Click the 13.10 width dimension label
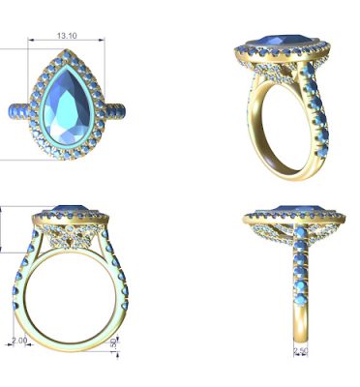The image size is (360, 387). click(x=67, y=36)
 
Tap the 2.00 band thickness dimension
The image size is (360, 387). click(x=19, y=341)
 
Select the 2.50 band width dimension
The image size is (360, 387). click(x=301, y=350)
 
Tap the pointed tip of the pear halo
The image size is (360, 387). click(x=67, y=50)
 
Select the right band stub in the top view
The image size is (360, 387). click(x=114, y=110)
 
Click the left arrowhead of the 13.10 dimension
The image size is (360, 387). click(x=30, y=40)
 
